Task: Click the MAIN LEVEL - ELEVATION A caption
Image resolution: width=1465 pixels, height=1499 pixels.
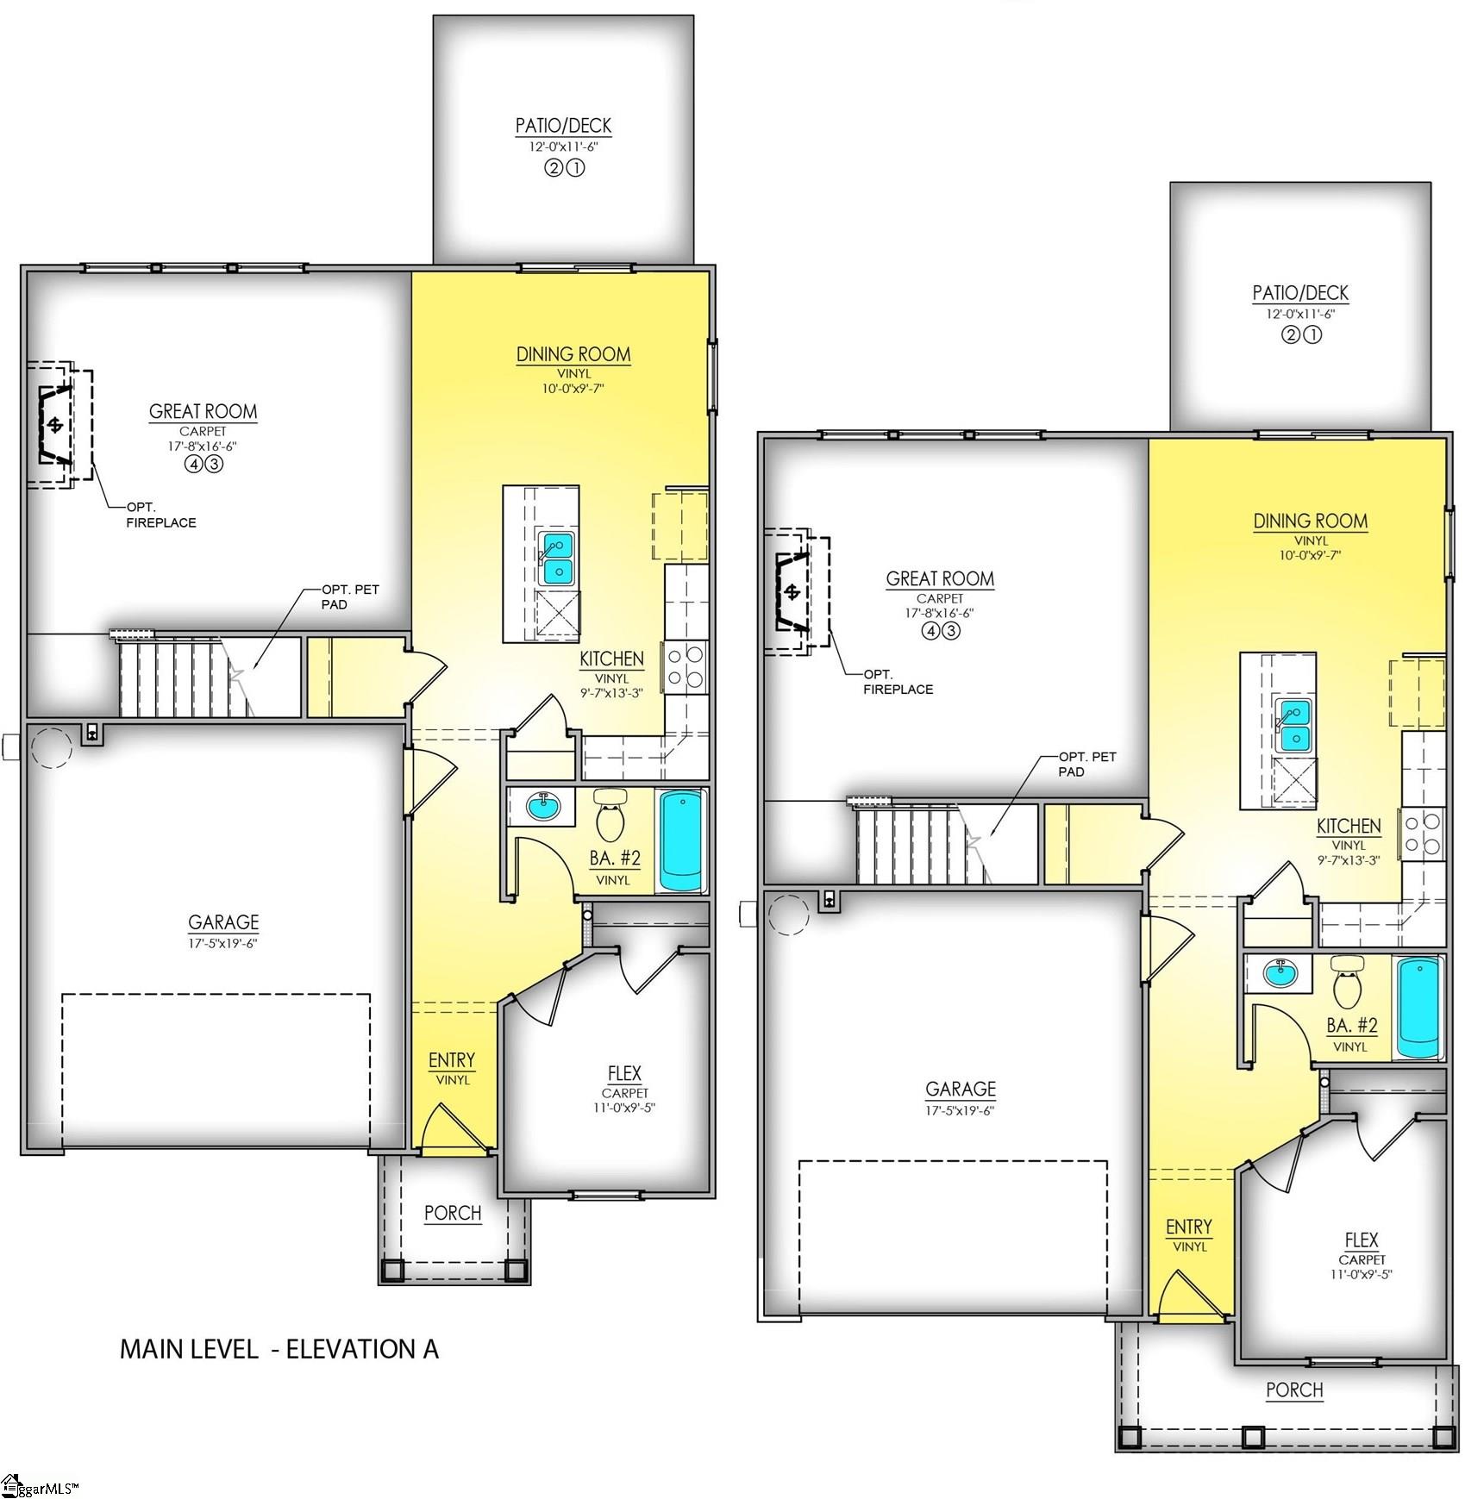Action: tap(279, 1348)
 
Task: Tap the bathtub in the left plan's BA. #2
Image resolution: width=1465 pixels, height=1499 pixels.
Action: tap(682, 840)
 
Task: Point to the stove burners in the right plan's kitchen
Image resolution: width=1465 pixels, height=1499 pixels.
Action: tap(1423, 834)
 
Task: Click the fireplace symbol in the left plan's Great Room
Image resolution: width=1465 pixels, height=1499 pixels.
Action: tap(57, 425)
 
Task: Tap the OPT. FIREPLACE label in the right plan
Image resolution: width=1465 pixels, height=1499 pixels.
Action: tap(897, 682)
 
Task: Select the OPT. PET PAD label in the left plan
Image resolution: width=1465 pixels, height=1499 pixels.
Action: tap(349, 596)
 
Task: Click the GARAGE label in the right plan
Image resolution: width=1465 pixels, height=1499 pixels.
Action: tap(960, 1089)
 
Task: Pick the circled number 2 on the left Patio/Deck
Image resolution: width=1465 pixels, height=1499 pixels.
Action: tap(553, 169)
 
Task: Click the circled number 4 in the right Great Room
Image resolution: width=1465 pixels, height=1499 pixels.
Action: tap(930, 631)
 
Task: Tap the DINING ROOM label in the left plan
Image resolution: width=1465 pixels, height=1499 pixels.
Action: tap(573, 354)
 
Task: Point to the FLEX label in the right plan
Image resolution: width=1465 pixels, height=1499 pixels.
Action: tap(1361, 1240)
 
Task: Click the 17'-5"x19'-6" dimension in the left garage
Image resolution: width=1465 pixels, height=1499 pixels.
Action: tap(223, 943)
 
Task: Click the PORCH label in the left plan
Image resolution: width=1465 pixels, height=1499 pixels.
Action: tap(453, 1213)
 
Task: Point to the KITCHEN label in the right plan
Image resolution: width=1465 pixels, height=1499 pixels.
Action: tap(1348, 826)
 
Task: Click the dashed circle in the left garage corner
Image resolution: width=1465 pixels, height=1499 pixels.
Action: tap(52, 746)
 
